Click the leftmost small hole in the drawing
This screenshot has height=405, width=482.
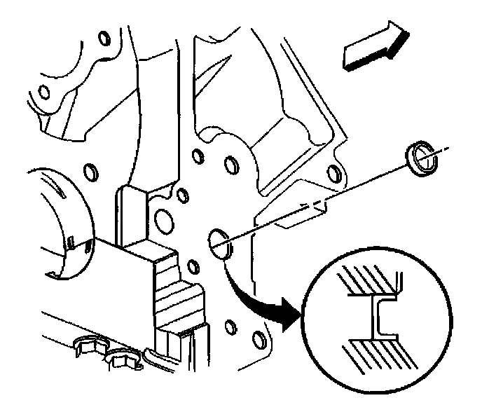[43, 92]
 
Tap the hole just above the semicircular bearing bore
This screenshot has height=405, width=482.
[89, 172]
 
